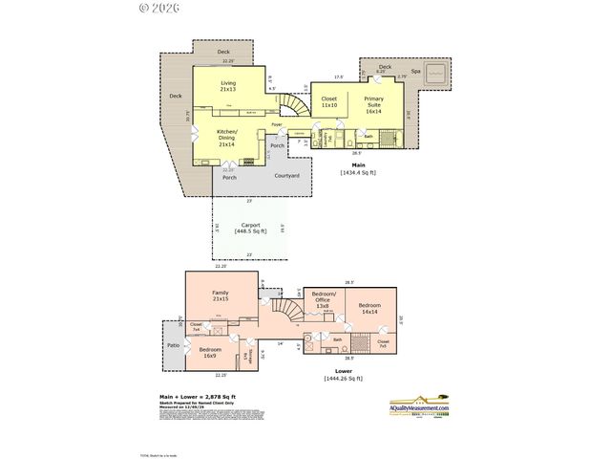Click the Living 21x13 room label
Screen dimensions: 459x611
tap(228, 86)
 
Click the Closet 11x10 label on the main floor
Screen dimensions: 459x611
tap(329, 101)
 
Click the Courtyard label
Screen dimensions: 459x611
tap(286, 176)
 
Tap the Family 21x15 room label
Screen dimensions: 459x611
tap(221, 295)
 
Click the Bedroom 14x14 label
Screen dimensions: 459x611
tap(370, 308)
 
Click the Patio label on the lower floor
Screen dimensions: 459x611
tap(174, 345)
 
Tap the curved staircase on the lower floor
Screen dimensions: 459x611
tap(283, 310)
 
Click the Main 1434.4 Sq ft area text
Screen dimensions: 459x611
tap(358, 168)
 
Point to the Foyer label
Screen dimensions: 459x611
tap(276, 125)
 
